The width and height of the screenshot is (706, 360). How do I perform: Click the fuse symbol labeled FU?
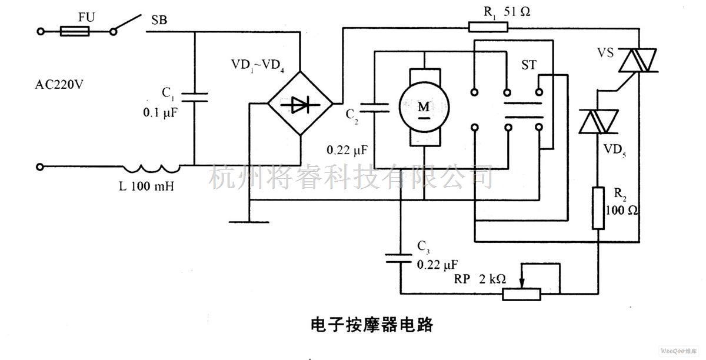click(x=75, y=31)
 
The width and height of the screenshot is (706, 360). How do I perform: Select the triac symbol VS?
click(x=638, y=60)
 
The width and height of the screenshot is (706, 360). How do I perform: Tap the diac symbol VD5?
click(x=598, y=124)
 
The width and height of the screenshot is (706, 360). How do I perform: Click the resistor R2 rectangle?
click(x=598, y=208)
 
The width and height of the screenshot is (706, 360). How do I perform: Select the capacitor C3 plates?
click(x=401, y=258)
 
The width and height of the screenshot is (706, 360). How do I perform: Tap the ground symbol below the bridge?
click(x=249, y=221)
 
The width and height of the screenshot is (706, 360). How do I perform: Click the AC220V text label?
click(x=58, y=84)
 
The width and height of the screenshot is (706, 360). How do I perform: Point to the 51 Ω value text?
click(x=517, y=12)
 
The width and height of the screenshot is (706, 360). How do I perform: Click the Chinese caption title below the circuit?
click(x=371, y=325)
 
